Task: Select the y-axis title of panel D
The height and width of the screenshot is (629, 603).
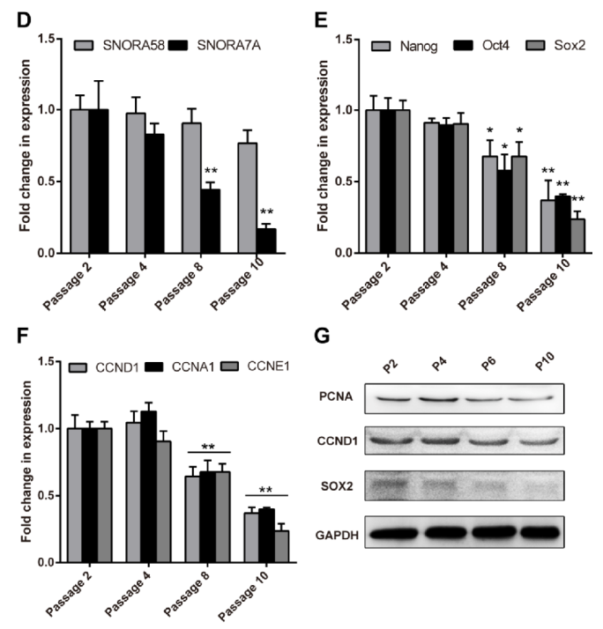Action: pos(16,145)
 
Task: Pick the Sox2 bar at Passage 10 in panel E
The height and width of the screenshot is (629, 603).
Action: pos(553,236)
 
